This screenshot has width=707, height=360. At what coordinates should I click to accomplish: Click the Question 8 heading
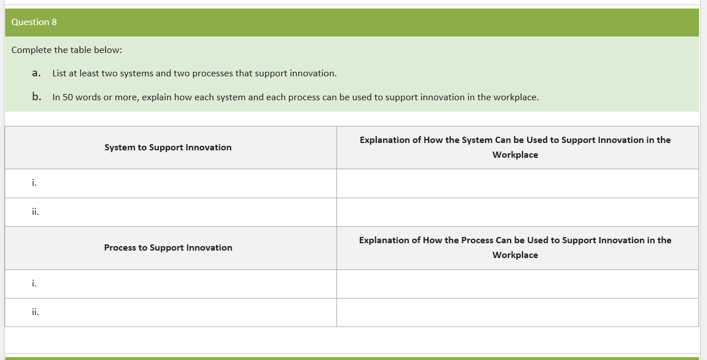point(34,22)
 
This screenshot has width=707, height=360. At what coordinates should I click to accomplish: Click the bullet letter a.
point(36,73)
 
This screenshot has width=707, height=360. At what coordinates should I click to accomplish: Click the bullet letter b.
point(36,97)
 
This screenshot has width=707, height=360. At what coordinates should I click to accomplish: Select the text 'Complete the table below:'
point(67,50)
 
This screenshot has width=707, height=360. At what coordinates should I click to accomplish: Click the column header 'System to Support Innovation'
point(168,148)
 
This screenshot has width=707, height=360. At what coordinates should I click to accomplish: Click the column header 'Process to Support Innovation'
point(168,248)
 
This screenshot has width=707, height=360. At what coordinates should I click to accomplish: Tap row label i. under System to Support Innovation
point(35,183)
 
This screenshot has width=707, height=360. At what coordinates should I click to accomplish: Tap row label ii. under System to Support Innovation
point(35,212)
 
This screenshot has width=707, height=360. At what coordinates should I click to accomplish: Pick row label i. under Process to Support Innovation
point(35,283)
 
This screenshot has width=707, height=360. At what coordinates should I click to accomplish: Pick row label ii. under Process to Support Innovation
point(35,312)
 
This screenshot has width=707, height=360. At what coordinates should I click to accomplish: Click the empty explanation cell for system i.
point(517,183)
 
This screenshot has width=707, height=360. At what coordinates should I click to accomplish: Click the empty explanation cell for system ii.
point(517,212)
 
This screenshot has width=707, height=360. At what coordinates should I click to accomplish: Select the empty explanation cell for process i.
point(517,284)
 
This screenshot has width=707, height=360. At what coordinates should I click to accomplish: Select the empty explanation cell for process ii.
point(517,312)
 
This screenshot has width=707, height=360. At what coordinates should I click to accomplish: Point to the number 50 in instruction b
point(68,97)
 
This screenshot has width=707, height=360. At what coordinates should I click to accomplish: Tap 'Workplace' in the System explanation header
point(515,155)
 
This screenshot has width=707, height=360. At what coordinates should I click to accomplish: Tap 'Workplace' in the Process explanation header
point(515,255)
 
